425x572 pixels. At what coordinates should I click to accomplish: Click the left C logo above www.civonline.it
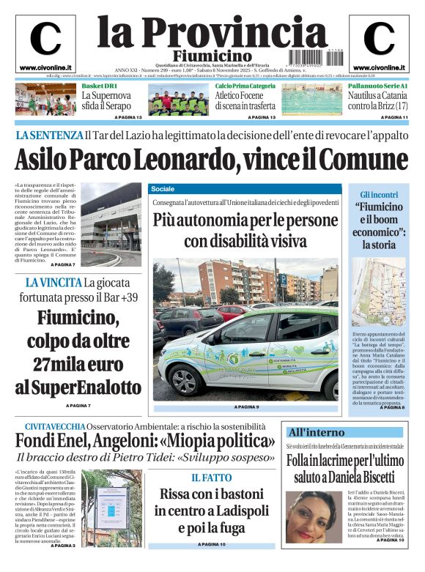(x=45, y=39)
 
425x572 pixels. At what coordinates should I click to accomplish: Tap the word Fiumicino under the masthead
(x=212, y=56)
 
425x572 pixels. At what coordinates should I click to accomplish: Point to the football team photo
(x=179, y=101)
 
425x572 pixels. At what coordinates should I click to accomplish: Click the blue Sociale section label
(x=164, y=189)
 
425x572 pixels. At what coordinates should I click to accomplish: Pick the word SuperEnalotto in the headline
(x=78, y=387)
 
